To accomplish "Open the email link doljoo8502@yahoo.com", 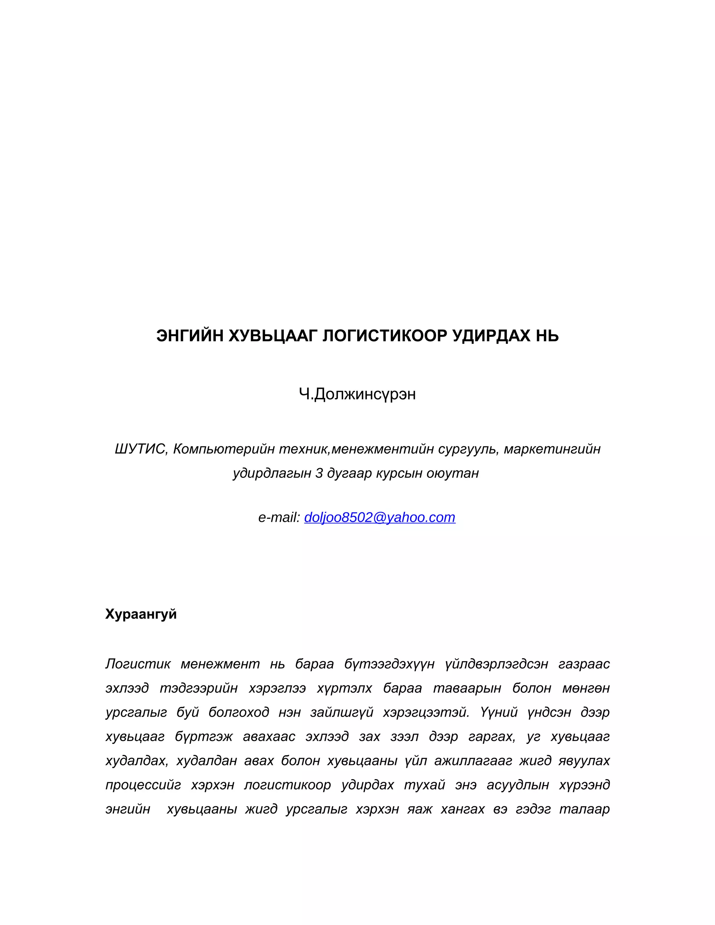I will (x=379, y=518).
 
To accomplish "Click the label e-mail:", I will (x=279, y=518).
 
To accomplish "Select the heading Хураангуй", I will (x=141, y=614).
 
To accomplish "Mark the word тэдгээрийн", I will (x=199, y=688).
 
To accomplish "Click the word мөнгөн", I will (x=586, y=688).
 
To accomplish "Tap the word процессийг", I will (x=143, y=785).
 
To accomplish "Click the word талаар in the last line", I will (x=584, y=809).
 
